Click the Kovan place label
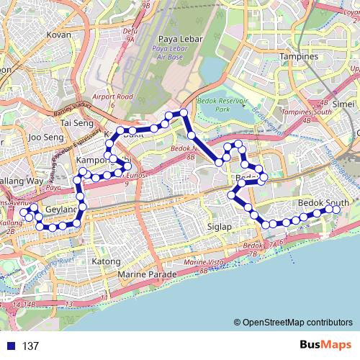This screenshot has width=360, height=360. [x=58, y=34]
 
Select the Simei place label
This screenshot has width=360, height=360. [x=345, y=104]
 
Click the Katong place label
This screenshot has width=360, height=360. [x=106, y=261]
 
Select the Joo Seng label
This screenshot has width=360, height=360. [x=45, y=136]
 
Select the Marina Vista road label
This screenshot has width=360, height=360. [x=204, y=264]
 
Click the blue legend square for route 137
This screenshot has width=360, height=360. [x=9, y=346]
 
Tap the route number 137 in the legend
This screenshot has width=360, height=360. [x=30, y=346]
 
